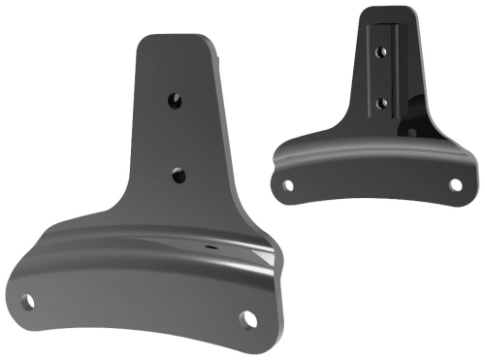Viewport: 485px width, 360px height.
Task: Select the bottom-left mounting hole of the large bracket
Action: coord(31,302)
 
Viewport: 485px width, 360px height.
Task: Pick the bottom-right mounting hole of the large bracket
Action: coord(250,318)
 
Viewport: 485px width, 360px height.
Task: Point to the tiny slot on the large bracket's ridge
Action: coord(210,247)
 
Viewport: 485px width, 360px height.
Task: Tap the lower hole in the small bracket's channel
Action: coord(381,101)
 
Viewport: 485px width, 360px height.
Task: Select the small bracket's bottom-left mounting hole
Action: coord(286,181)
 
